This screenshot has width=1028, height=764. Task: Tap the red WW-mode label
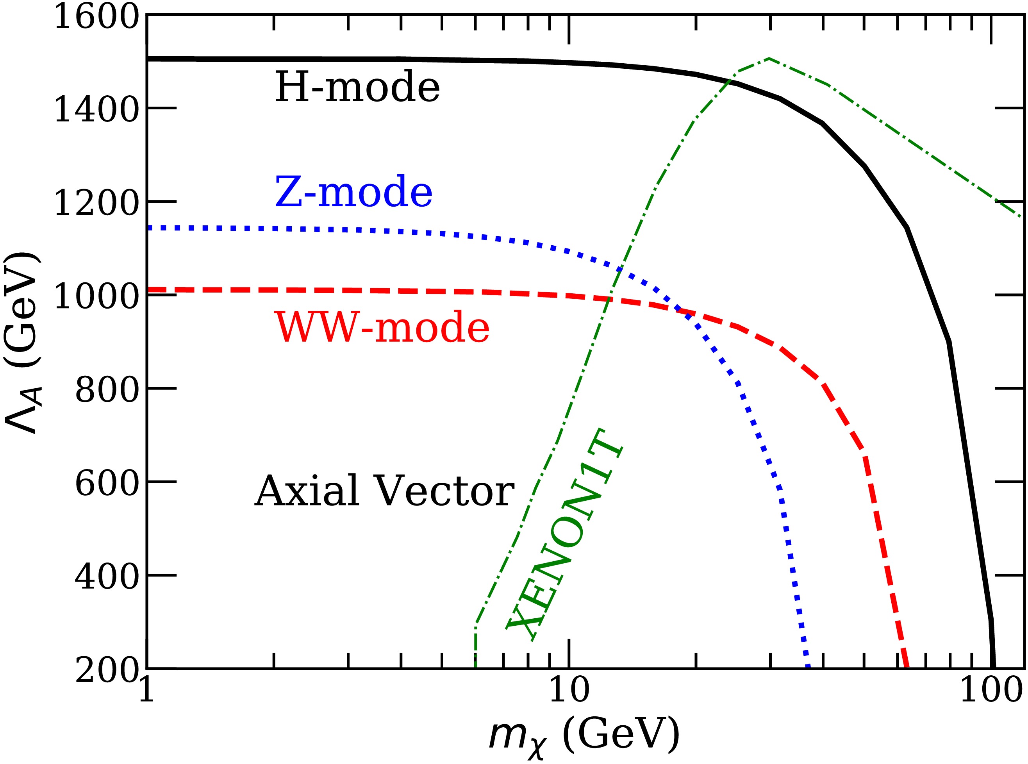point(382,327)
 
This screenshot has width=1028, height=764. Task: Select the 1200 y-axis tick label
point(96,203)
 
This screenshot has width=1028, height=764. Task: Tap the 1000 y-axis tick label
point(96,296)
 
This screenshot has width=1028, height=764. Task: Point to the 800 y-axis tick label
point(106,390)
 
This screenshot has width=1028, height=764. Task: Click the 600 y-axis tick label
point(106,484)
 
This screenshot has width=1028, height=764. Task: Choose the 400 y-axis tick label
point(106,577)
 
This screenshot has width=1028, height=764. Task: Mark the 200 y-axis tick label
point(106,670)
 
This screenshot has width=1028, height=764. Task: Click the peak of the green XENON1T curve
point(769,58)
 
